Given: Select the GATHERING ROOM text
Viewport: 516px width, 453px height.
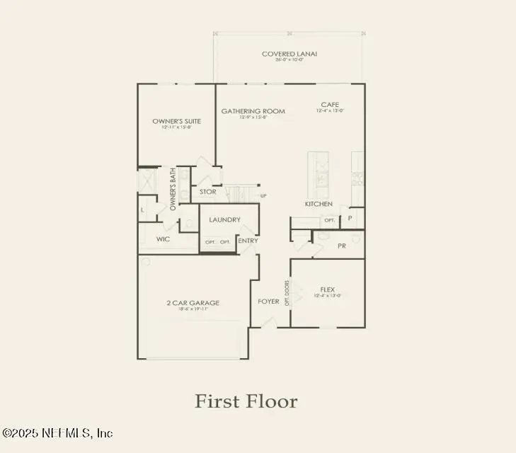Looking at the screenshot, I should (x=253, y=111).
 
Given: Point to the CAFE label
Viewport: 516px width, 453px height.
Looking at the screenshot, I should (x=329, y=104).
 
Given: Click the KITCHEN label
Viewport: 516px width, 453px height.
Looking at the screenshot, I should (x=319, y=204).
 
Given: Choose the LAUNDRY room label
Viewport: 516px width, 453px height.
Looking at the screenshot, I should (x=224, y=219).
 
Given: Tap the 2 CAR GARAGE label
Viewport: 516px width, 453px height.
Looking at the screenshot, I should (x=193, y=303).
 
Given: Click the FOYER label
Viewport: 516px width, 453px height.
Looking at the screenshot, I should (x=268, y=302).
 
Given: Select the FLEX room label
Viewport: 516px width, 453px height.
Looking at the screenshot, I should (x=327, y=289).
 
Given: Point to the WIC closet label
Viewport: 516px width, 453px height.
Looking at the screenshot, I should (x=163, y=239).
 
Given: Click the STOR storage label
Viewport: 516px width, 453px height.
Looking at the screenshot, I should (x=207, y=191).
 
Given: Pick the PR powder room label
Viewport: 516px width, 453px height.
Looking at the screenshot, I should (x=341, y=246).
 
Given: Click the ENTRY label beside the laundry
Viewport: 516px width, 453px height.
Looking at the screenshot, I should (x=248, y=241).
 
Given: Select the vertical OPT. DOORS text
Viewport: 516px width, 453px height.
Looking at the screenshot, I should (x=287, y=292).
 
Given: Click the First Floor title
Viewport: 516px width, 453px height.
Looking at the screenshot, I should (x=246, y=401).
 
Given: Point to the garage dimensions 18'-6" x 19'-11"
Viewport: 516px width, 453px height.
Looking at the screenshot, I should (x=193, y=309).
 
